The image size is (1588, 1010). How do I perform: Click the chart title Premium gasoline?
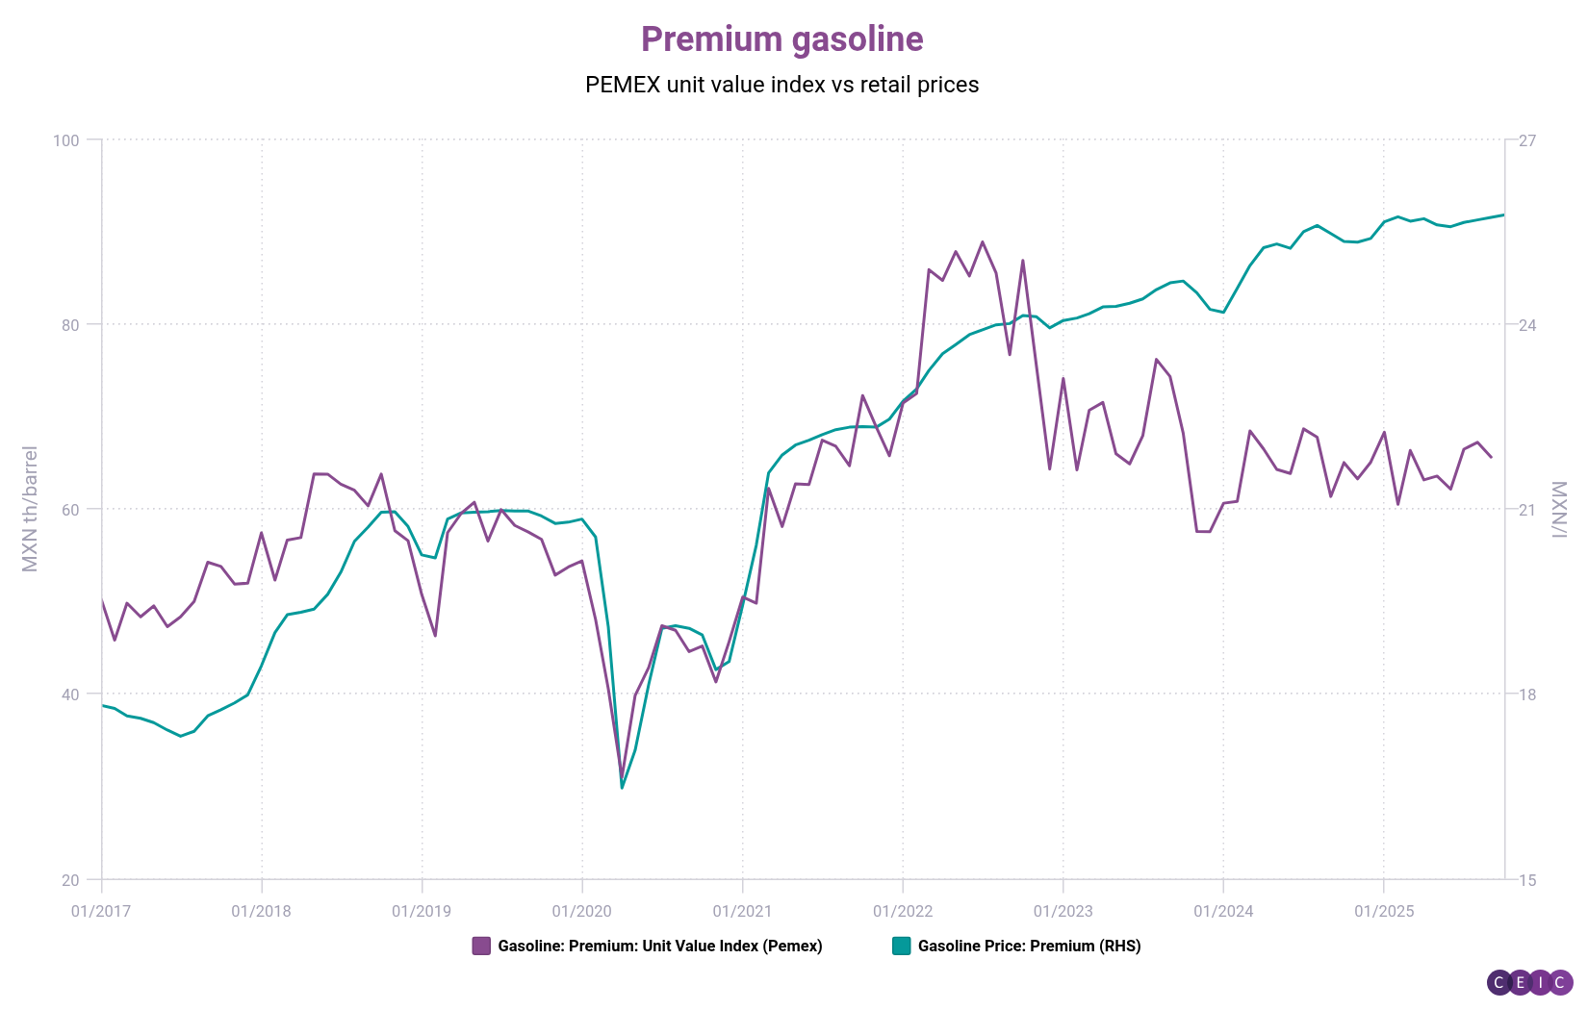coord(781,39)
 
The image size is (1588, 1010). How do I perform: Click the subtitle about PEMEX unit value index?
coord(781,85)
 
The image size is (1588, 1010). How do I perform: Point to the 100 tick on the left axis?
coord(66,140)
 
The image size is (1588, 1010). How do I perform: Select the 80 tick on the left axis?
coord(69,325)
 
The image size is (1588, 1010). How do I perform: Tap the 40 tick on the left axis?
coord(69,694)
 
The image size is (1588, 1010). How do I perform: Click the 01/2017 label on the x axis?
coord(101,911)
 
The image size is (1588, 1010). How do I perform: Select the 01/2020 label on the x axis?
coord(581,911)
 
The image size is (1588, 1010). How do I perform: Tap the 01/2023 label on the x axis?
coord(1063,911)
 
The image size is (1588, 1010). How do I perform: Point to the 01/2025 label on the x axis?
coord(1383,911)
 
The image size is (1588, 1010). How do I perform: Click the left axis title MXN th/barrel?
coord(30,509)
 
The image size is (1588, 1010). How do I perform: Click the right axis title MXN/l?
coord(1559,509)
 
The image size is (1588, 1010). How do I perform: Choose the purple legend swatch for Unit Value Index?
coord(481,946)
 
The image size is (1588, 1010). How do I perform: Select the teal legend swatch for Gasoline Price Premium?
coord(901,946)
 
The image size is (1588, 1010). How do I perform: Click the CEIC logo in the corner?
coord(1529,982)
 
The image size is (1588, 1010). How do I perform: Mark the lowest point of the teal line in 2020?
coord(623,788)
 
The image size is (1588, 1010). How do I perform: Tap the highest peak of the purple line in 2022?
coord(983,241)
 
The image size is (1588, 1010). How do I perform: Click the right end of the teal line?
coord(1503,215)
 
